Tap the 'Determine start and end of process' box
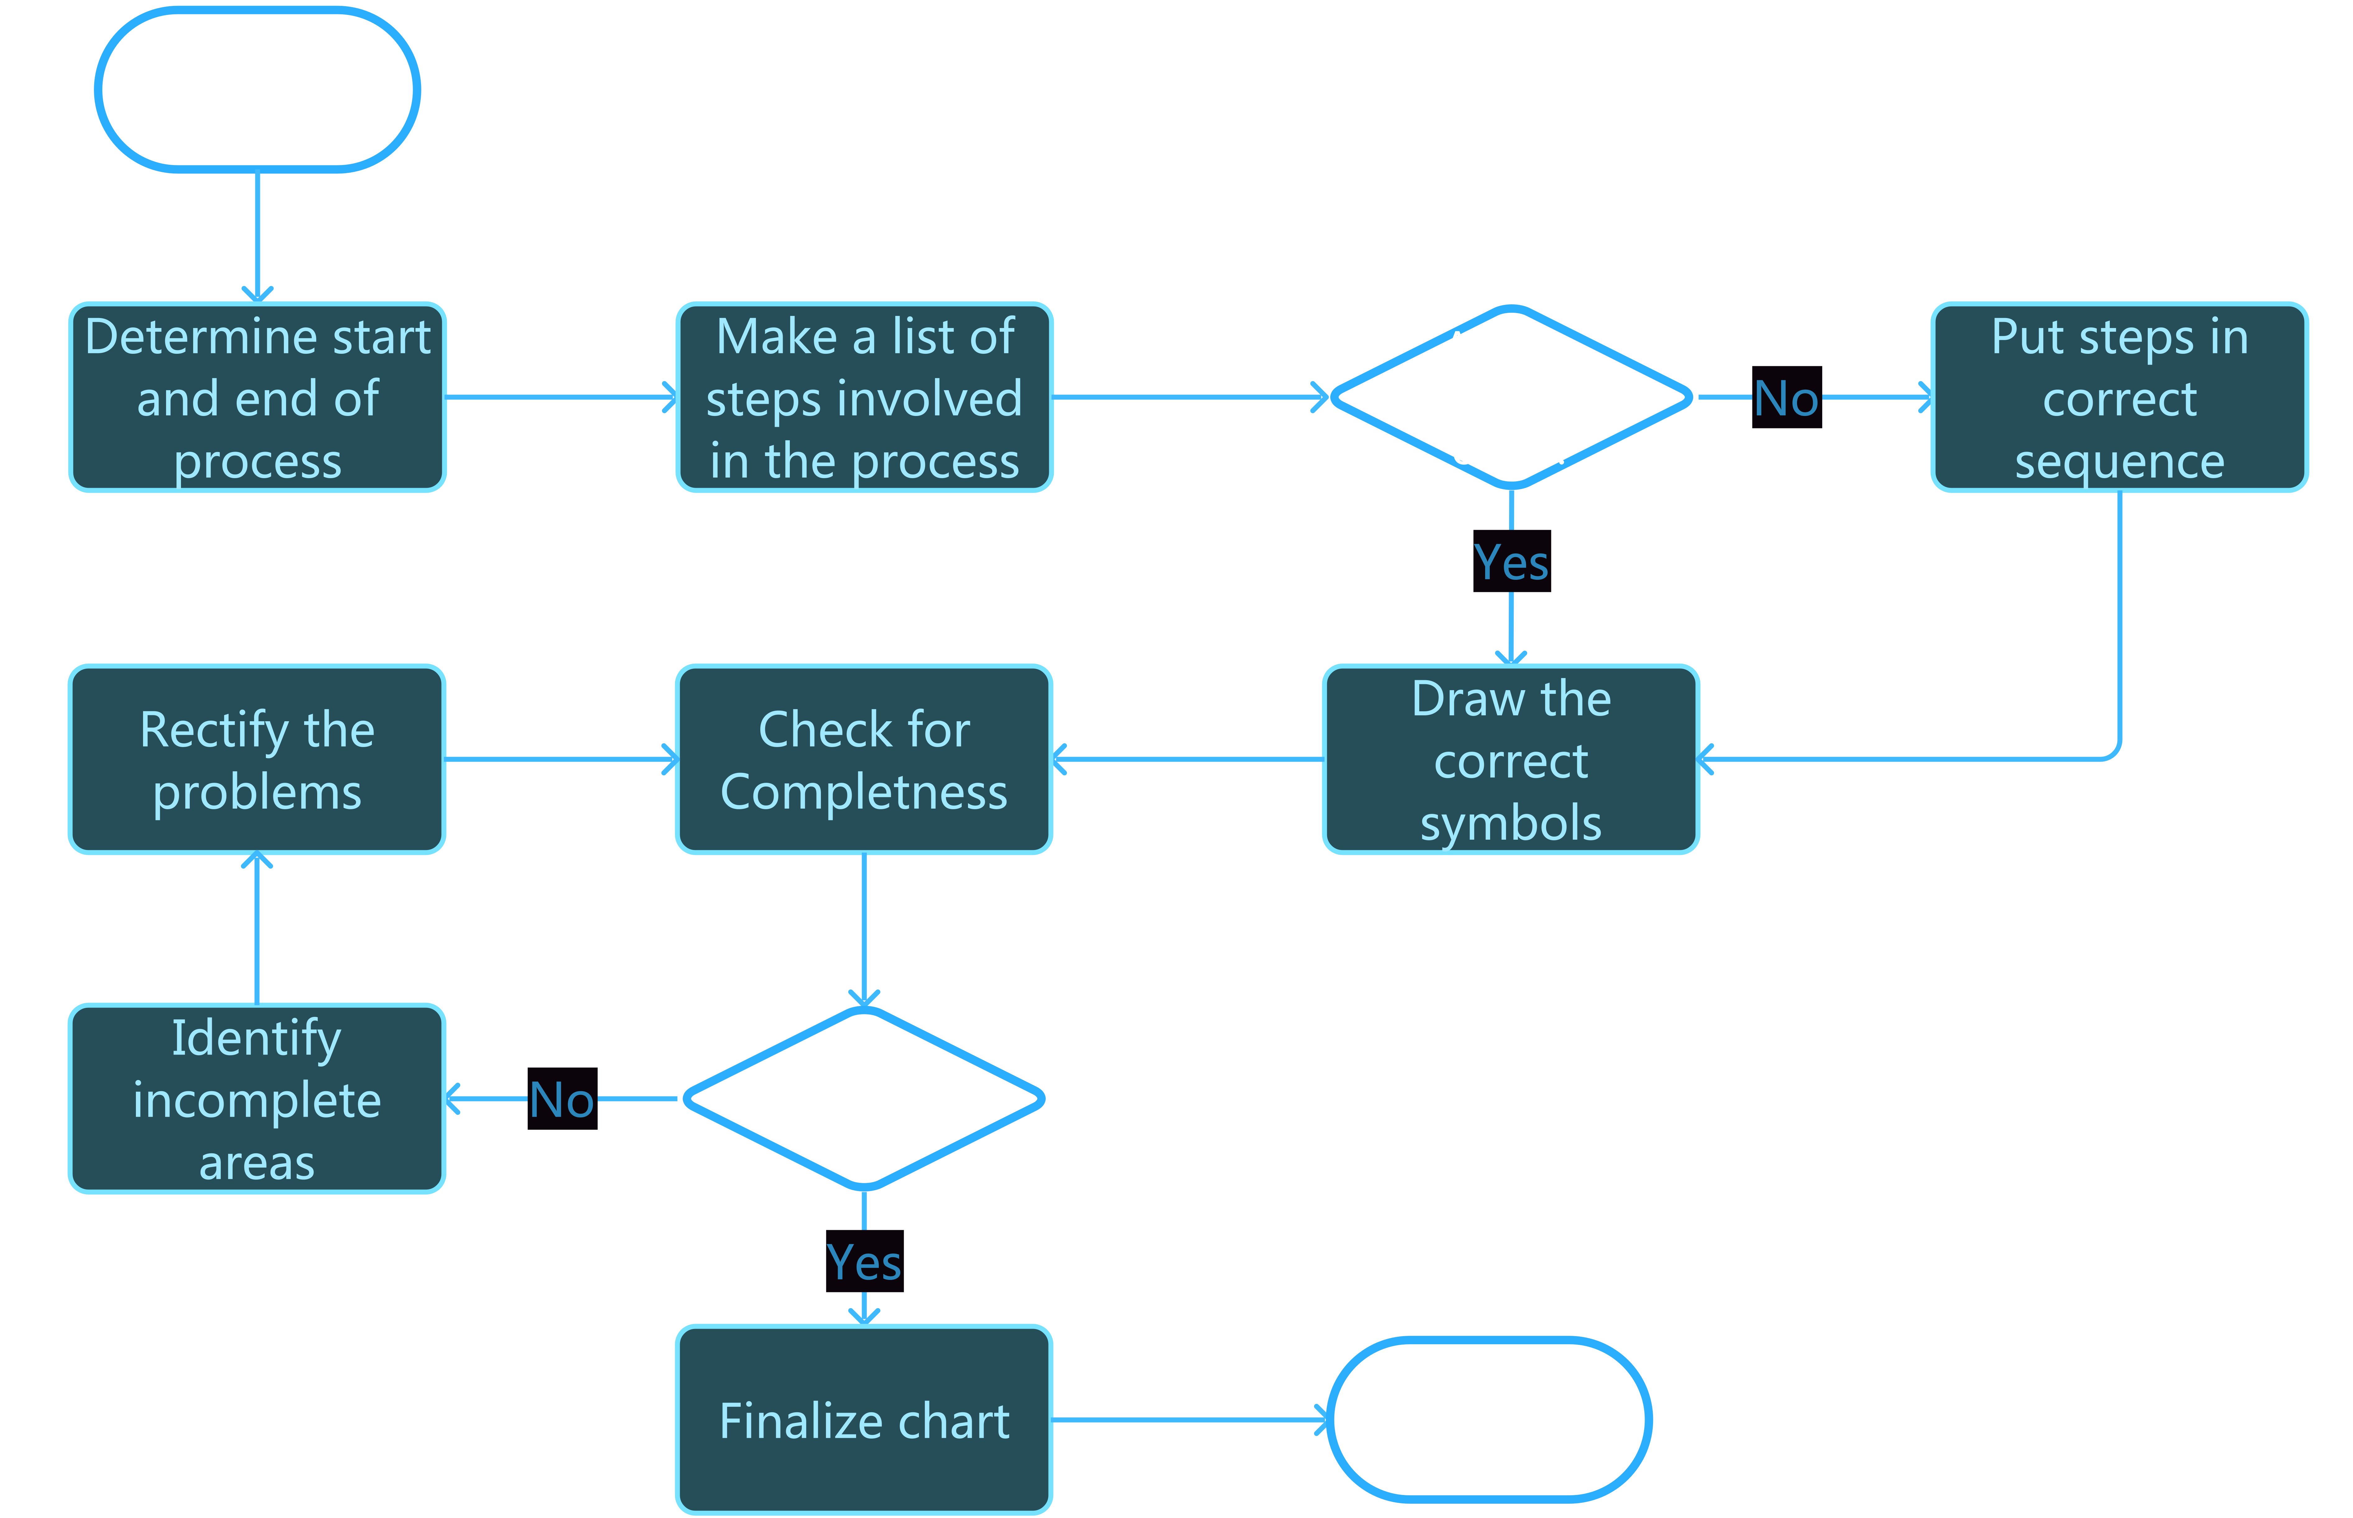(257, 397)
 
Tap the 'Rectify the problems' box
(257, 759)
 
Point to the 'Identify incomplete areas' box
(257, 1098)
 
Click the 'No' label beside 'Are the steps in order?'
(1786, 398)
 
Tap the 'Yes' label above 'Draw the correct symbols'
(1511, 562)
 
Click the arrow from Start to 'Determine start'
(257, 237)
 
